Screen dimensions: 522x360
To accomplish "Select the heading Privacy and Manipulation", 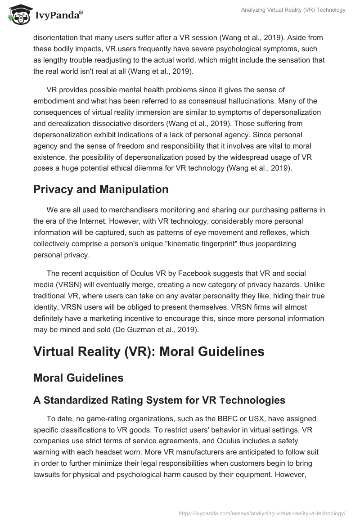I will coord(101,189).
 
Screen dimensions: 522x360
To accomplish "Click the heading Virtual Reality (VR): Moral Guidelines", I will coord(148,351).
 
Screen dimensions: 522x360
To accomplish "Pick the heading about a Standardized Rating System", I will coord(159,400).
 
